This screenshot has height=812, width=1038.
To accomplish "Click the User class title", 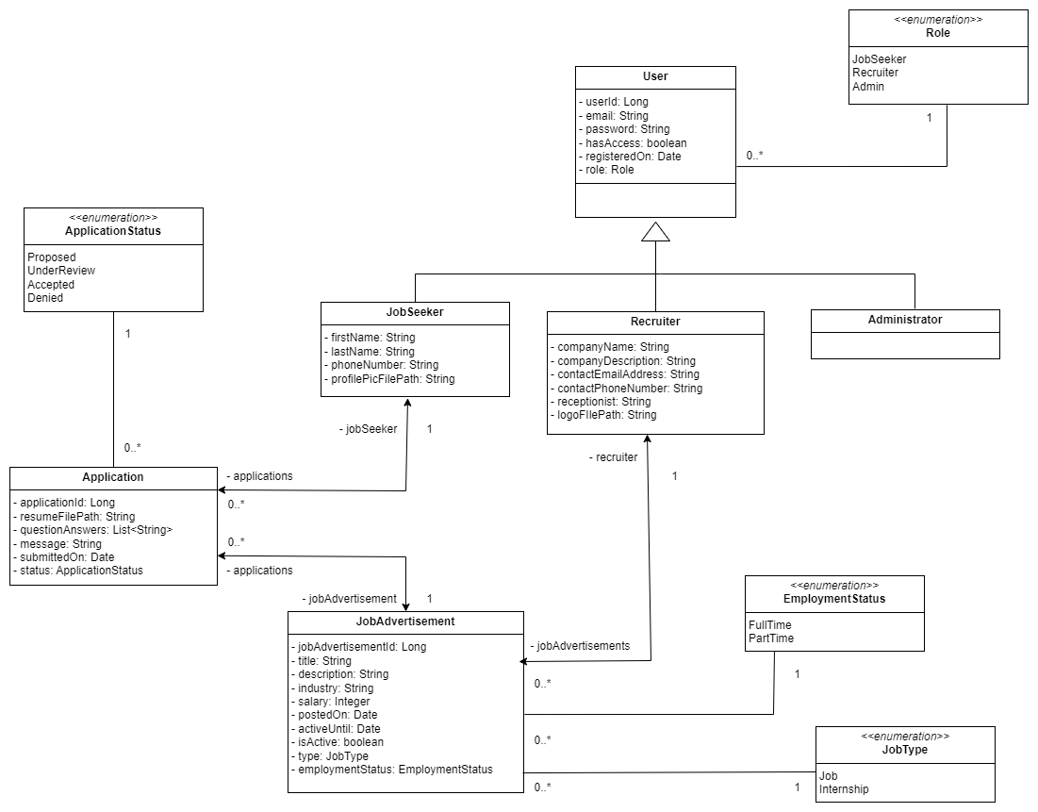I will [655, 76].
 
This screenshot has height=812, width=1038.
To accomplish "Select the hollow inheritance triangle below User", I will [655, 231].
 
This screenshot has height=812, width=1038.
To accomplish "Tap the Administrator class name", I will [905, 320].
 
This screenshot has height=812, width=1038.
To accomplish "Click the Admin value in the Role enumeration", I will [868, 86].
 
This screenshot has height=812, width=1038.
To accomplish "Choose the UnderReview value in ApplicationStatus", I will [61, 271].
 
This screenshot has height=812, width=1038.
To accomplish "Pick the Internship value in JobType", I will [844, 788].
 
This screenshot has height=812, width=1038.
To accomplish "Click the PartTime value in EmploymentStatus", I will [771, 638].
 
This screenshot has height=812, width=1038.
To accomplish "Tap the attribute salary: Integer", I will [333, 702].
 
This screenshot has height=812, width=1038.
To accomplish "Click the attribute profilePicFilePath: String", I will [391, 378].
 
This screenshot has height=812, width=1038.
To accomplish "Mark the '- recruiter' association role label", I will [613, 457].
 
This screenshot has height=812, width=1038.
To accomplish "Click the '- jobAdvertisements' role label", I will [579, 646].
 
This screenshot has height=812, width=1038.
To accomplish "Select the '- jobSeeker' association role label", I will [368, 429].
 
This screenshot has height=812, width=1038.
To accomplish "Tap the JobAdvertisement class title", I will [405, 621].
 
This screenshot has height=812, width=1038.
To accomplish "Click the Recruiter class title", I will [655, 322].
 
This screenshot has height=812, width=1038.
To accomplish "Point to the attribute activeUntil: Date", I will [338, 729].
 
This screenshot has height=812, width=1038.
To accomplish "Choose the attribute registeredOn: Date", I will [631, 157].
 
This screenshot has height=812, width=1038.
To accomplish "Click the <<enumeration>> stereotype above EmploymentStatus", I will [834, 585].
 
